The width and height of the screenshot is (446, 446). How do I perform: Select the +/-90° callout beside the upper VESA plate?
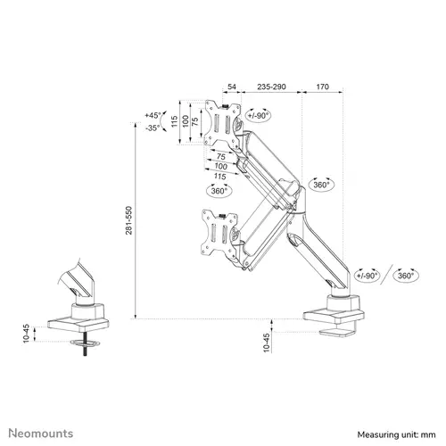[x=259, y=115]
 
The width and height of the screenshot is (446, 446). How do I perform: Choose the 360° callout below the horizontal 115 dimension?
[x=219, y=191]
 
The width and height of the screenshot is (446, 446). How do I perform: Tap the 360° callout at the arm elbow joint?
[x=321, y=184]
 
